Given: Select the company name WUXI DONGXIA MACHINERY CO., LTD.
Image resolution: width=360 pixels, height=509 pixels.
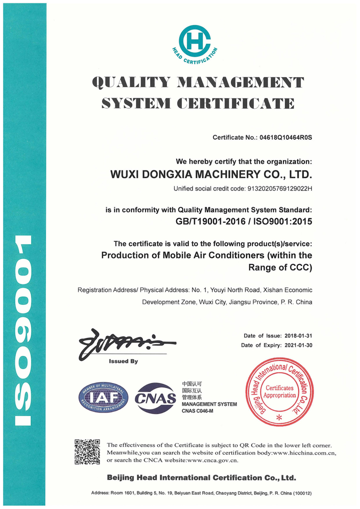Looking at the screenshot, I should click(211, 175).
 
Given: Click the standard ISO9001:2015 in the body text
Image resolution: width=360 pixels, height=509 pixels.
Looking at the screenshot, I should click(281, 222).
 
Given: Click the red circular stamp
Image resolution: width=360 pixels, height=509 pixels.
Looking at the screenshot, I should click(278, 393).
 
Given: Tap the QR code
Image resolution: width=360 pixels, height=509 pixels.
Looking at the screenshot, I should click(87, 451).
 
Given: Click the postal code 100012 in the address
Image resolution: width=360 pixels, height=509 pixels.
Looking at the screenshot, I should click(301, 494).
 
